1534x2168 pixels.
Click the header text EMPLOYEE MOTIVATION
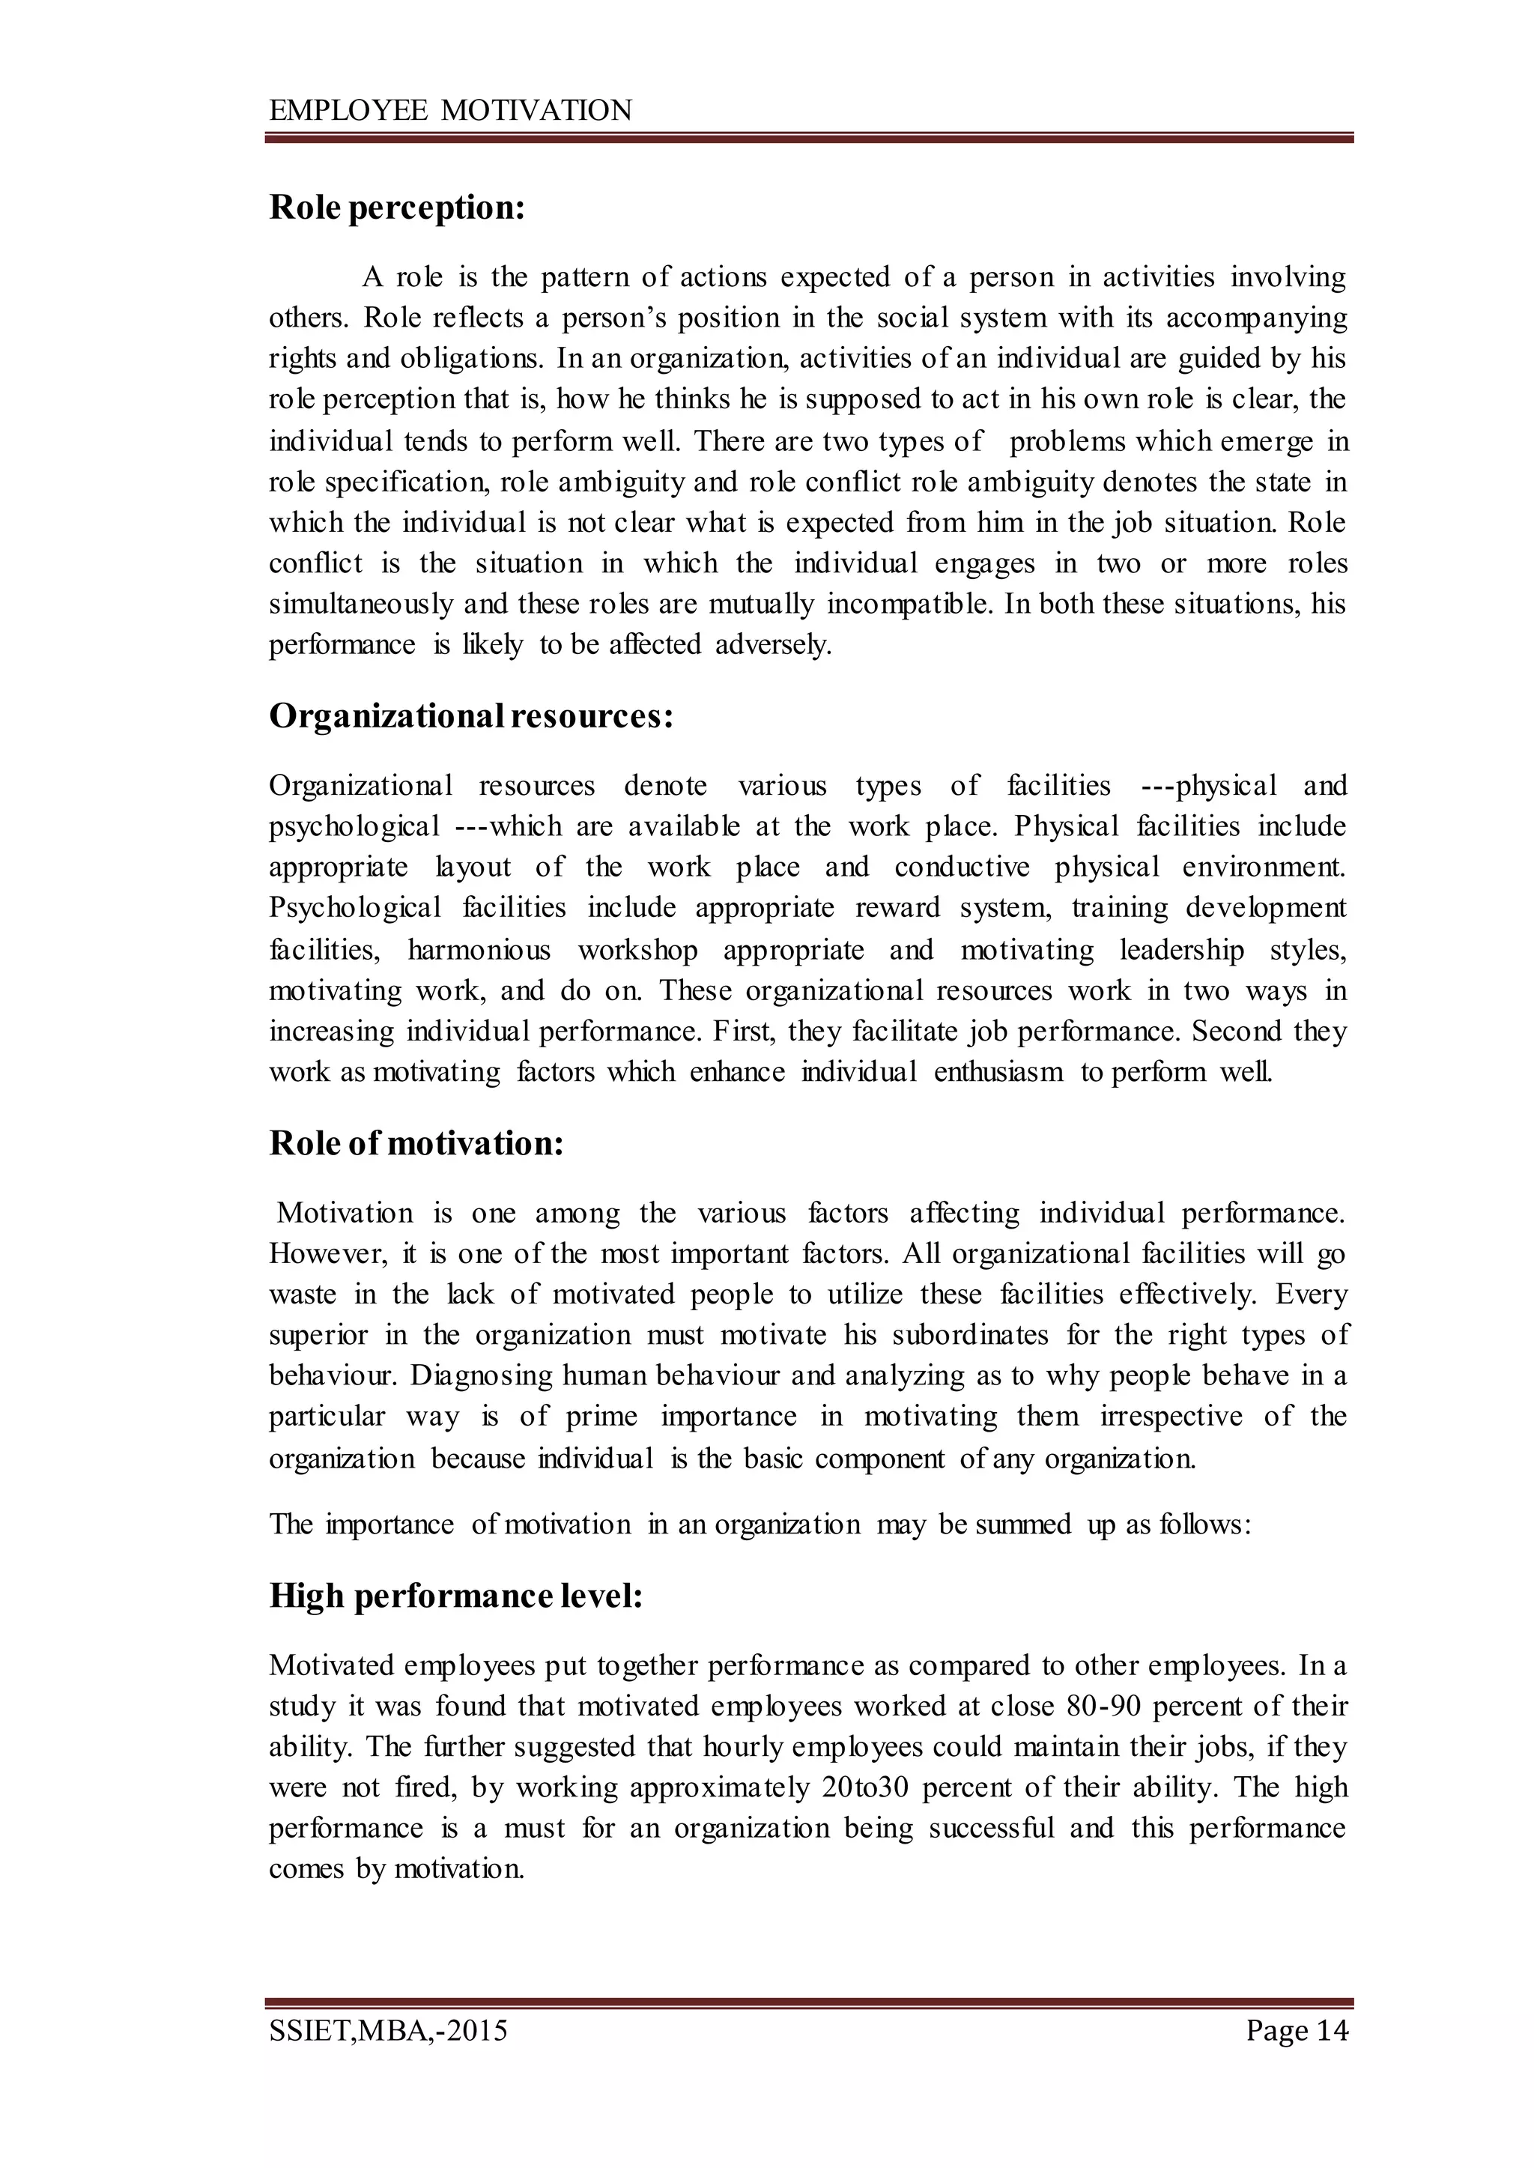[x=451, y=111]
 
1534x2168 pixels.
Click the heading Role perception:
[x=397, y=207]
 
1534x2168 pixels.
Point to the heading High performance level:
[x=456, y=1596]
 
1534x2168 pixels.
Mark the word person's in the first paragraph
[x=611, y=318]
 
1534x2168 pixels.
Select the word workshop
[x=638, y=949]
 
